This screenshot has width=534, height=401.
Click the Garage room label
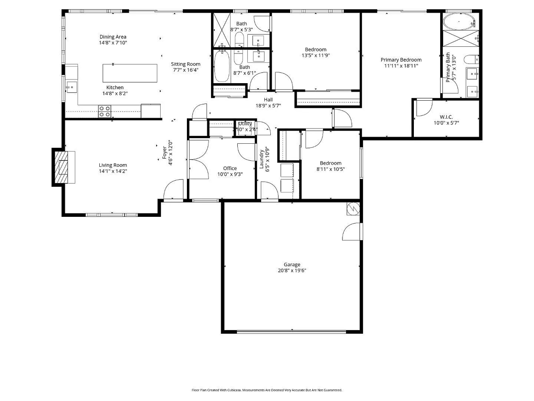tap(292, 264)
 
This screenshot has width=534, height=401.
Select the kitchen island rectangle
tap(130, 73)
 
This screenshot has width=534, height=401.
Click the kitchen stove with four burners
tap(105, 111)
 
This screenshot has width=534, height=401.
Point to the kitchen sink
tap(71, 87)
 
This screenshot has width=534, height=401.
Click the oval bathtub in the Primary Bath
tap(459, 21)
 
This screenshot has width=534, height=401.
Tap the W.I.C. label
tap(446, 117)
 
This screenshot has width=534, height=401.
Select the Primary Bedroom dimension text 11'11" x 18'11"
tap(401, 66)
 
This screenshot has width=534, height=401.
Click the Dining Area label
tap(113, 37)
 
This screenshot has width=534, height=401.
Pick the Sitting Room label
tap(186, 64)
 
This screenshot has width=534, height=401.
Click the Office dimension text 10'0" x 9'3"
tap(230, 174)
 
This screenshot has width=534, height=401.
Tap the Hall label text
tap(268, 99)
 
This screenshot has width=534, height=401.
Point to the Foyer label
tap(164, 153)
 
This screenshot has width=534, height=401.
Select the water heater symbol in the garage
tap(353, 208)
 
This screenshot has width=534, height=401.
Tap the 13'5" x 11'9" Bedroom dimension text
tap(315, 55)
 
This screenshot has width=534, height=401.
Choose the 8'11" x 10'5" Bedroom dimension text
tap(330, 169)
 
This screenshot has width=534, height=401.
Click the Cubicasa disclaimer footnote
tap(267, 390)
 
